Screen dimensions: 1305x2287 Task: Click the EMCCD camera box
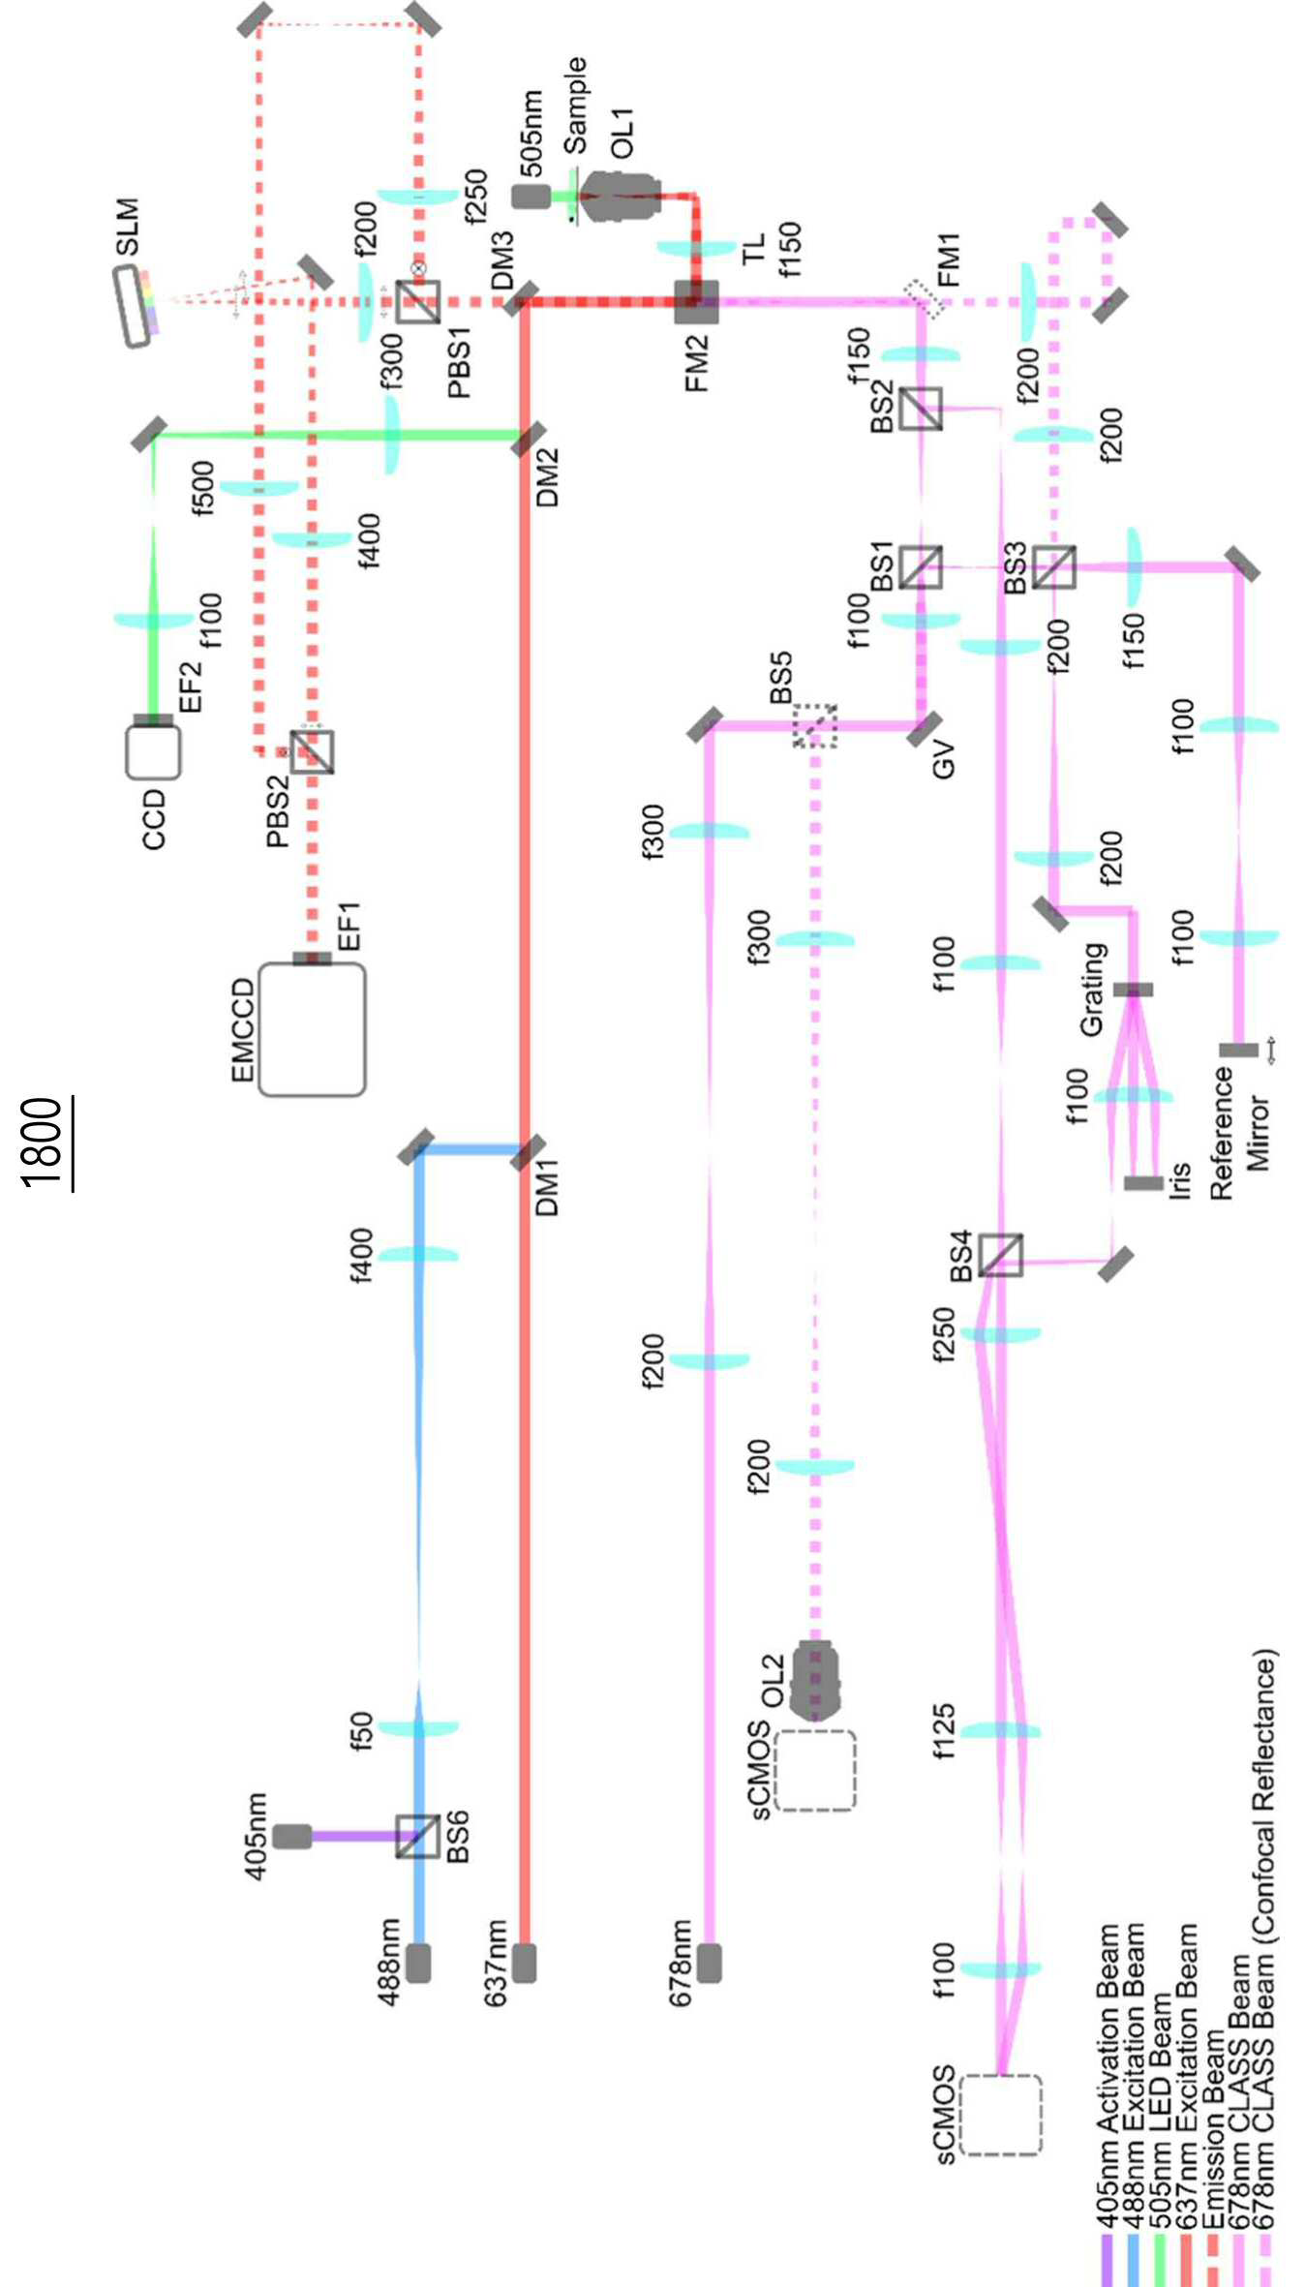[x=312, y=1029]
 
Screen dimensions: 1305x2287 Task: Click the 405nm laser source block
[x=291, y=1836]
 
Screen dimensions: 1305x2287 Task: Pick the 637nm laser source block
[x=524, y=1963]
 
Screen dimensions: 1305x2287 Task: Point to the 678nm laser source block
[x=709, y=1963]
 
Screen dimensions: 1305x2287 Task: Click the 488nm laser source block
[x=418, y=1963]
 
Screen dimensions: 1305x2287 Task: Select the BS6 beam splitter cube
[x=418, y=1836]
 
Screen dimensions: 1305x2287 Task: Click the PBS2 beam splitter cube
[x=312, y=751]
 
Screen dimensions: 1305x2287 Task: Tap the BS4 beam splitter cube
[x=1000, y=1255]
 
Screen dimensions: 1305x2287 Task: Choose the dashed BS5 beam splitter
[x=815, y=725]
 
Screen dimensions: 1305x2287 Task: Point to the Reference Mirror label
[x=1239, y=1133]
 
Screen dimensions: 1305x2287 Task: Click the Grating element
[x=1133, y=990]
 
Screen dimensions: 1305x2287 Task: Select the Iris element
[x=1143, y=1183]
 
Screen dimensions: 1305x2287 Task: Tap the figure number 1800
[x=44, y=1143]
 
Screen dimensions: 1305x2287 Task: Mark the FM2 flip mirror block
[x=696, y=302]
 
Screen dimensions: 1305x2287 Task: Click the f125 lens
[x=1001, y=1730]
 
